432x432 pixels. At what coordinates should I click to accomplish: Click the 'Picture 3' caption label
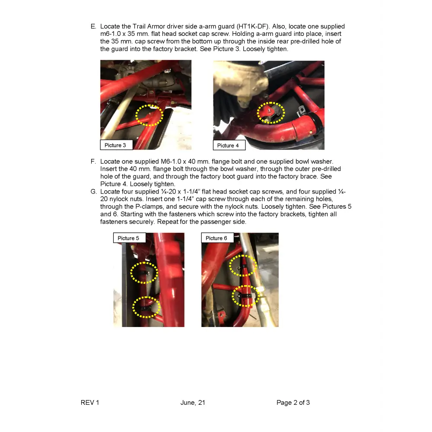point(116,145)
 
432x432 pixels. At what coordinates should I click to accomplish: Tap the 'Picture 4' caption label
point(229,145)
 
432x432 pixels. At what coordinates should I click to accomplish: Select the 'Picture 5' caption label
point(129,238)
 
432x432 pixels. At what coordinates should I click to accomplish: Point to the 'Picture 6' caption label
point(217,238)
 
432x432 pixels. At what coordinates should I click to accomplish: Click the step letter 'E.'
point(93,26)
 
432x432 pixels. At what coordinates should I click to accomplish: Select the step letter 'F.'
point(93,162)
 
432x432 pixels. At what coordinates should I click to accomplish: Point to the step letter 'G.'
point(94,191)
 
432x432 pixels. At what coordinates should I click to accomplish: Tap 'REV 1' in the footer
point(90,403)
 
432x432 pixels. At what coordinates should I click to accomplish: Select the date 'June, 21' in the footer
point(193,403)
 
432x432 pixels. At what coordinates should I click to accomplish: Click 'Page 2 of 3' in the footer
point(293,403)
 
